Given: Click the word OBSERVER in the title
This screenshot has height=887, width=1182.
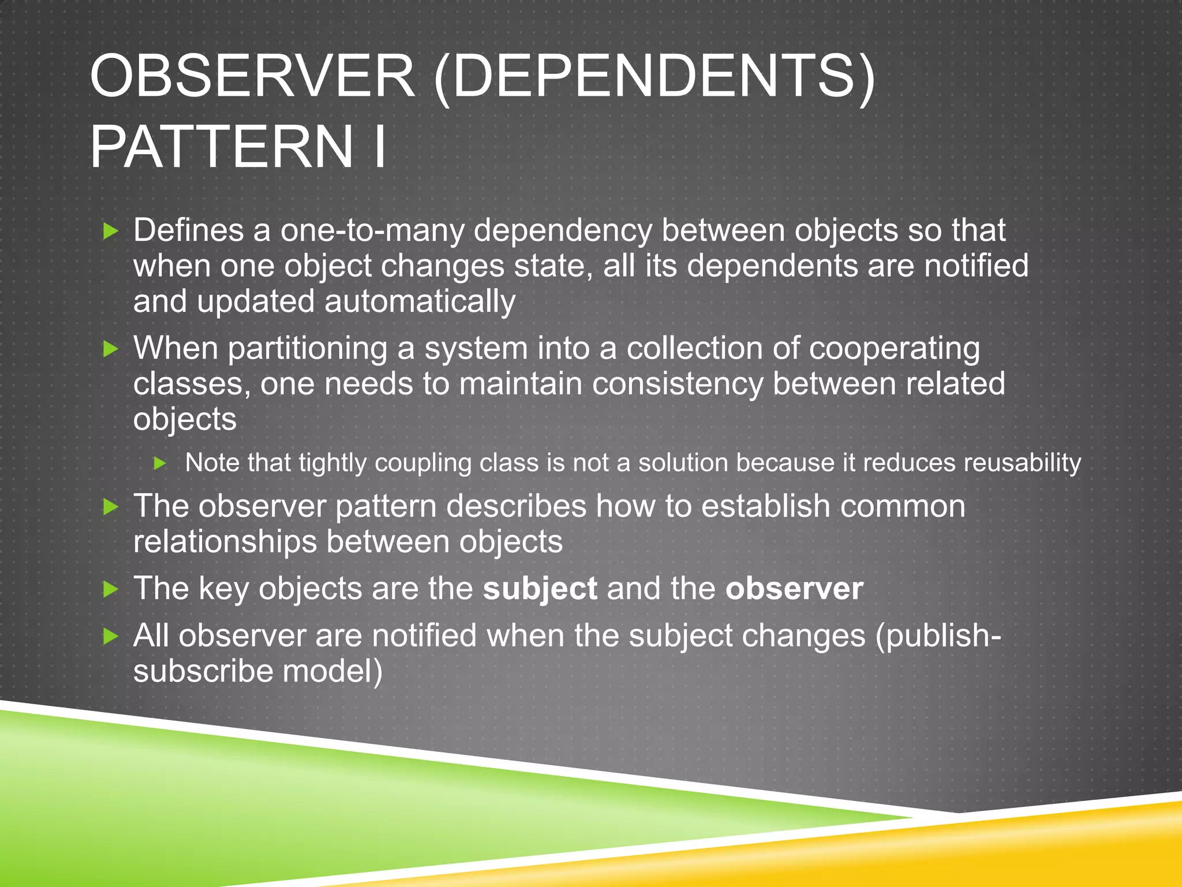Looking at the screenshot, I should click(x=252, y=77).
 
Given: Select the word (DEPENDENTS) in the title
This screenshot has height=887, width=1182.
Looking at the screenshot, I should click(x=654, y=77).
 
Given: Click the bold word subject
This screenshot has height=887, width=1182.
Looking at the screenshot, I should click(x=540, y=588).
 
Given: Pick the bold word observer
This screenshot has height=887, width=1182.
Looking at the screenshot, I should click(x=794, y=588).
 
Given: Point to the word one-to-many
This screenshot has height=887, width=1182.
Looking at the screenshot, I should click(x=372, y=230).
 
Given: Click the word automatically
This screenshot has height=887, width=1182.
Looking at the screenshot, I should click(x=420, y=301).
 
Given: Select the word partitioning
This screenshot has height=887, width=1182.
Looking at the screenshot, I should click(x=307, y=349).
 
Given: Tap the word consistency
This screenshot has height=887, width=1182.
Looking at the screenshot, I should click(x=678, y=384).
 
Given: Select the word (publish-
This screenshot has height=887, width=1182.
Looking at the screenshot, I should click(x=938, y=636).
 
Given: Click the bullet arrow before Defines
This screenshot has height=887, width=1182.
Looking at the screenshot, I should click(x=110, y=232).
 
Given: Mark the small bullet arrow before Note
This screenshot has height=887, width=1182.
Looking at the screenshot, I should click(x=160, y=463).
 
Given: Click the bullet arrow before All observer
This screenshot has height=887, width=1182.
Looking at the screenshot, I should click(x=110, y=636).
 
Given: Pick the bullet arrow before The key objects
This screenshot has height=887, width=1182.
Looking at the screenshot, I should click(x=110, y=589).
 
